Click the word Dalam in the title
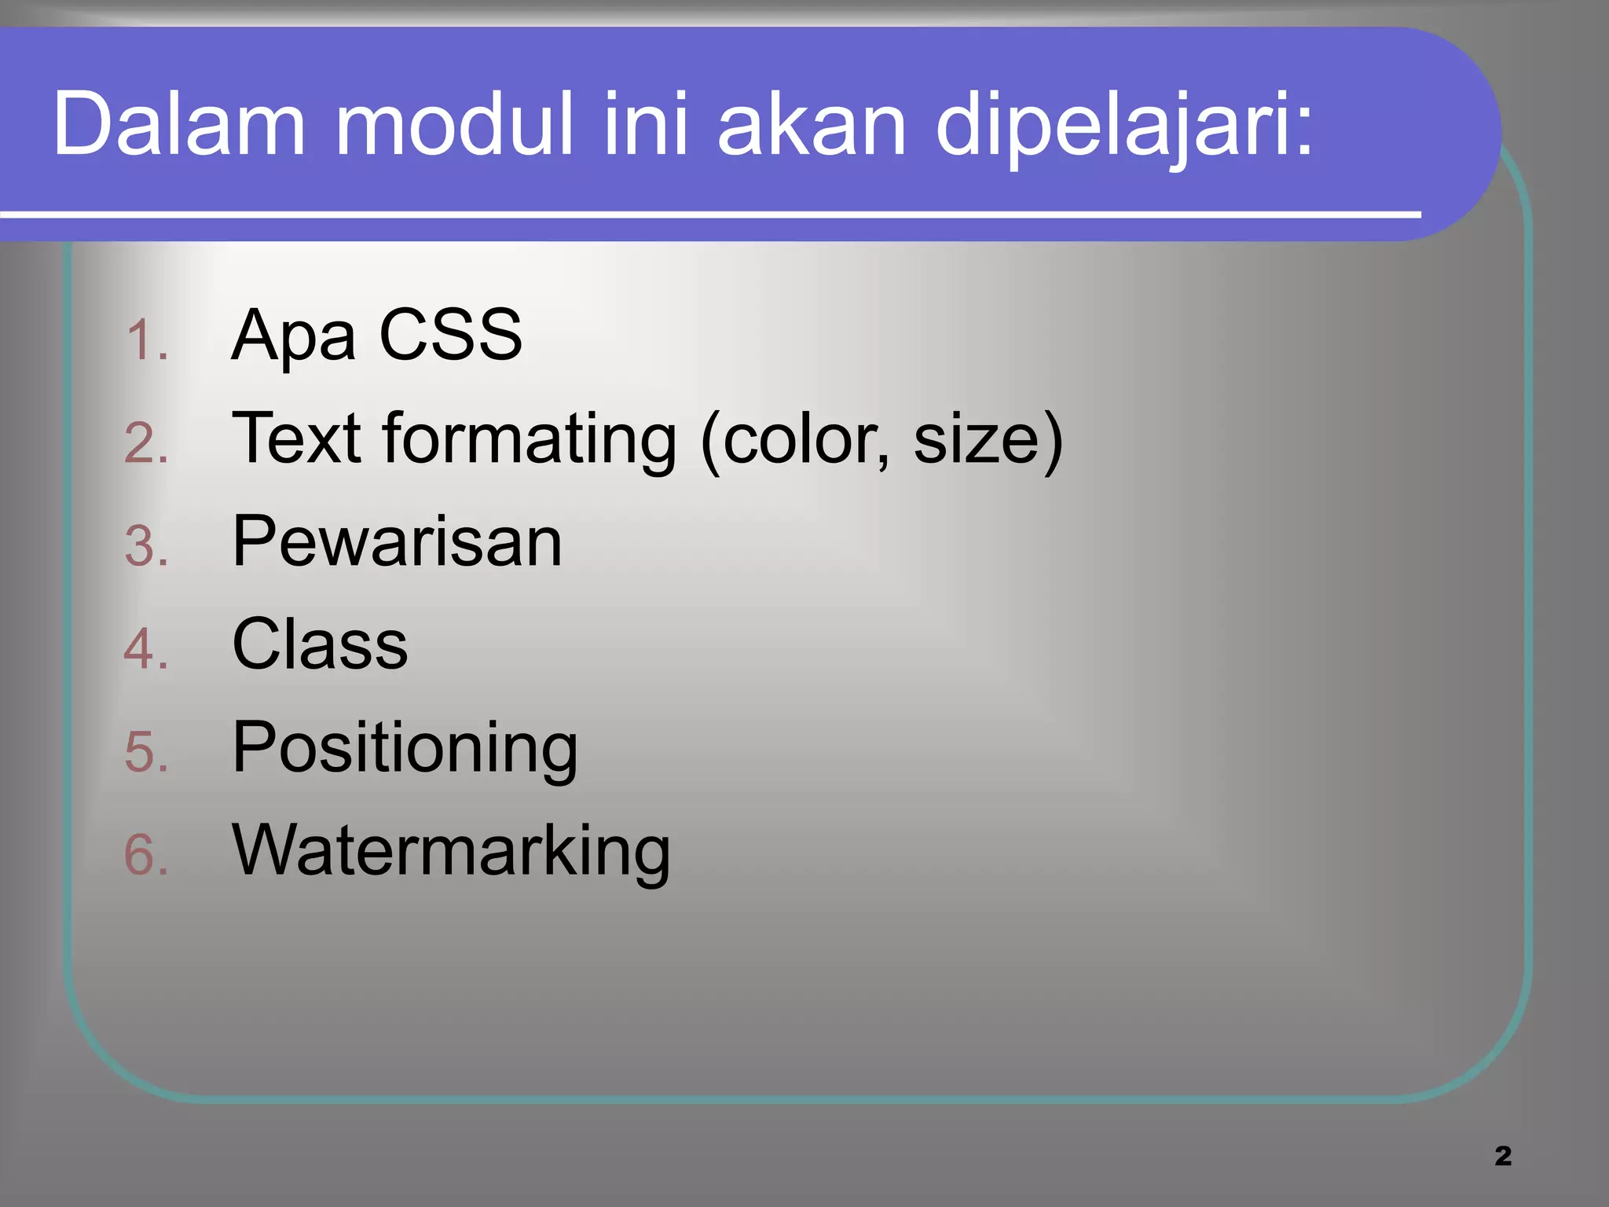pos(179,124)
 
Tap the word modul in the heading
pos(454,124)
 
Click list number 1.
pos(146,341)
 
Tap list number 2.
pos(146,443)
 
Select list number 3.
pos(146,546)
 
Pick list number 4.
pos(146,649)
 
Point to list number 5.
pos(146,752)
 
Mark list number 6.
pos(146,855)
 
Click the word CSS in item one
pos(450,335)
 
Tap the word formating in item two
pos(529,440)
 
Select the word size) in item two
pos(988,440)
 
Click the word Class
pos(320,644)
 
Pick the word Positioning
pos(405,749)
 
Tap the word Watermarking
pos(451,850)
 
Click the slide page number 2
pos(1503,1156)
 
